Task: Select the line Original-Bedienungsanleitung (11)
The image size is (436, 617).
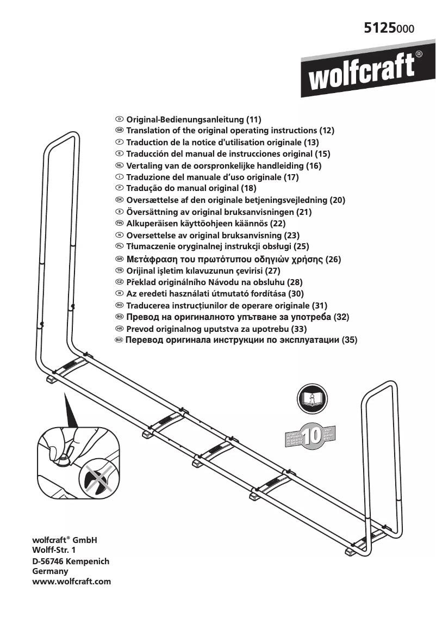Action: [194, 119]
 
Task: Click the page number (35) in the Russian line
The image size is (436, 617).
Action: [350, 340]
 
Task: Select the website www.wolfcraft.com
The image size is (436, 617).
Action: [72, 581]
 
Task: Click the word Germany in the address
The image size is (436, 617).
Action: [51, 571]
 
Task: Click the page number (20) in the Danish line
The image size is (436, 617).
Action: [338, 200]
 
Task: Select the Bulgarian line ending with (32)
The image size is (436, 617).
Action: [238, 317]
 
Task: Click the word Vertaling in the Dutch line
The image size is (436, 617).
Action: [145, 165]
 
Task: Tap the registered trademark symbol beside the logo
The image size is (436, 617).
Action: [419, 54]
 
